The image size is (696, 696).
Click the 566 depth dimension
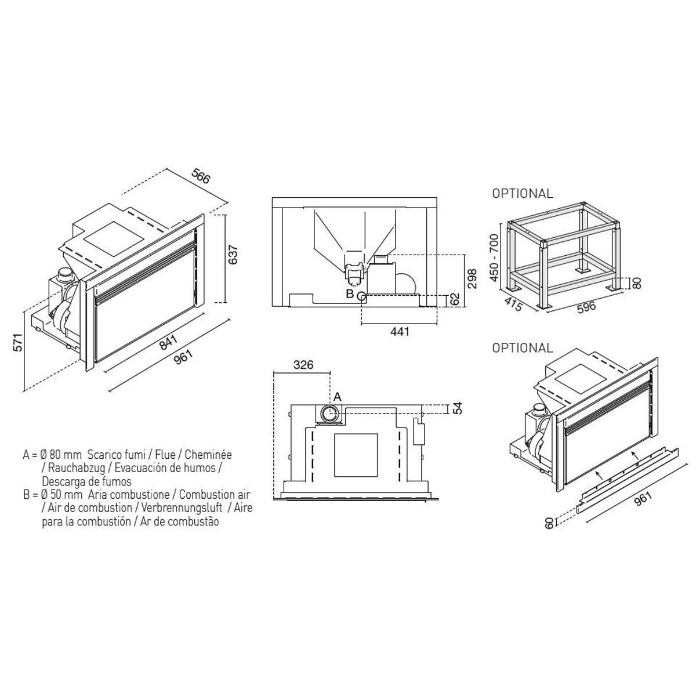200,176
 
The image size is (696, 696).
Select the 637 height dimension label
233,255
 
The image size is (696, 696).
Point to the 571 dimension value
18,342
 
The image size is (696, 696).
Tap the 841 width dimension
169,342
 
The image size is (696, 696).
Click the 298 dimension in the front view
472,278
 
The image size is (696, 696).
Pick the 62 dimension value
455,299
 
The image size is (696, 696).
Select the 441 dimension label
400,331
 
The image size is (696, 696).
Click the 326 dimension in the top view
303,365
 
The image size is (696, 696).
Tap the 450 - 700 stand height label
495,258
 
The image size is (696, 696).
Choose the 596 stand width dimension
586,307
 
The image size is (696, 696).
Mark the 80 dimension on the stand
637,282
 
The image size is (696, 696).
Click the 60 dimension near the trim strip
549,523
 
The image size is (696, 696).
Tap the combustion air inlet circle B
361,296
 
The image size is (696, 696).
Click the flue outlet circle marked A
330,413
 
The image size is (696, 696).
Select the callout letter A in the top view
338,397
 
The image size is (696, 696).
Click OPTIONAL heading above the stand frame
522,194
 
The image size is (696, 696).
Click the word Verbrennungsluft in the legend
182,507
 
